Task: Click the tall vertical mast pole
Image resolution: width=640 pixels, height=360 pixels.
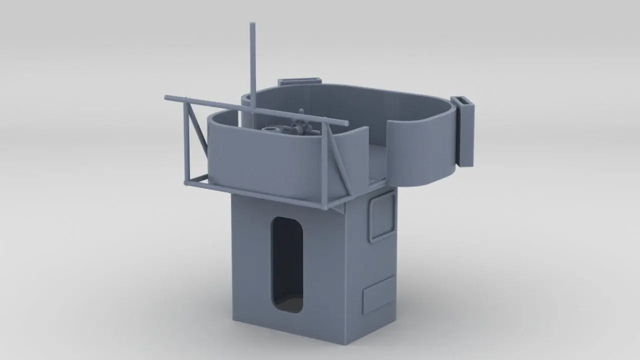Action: coord(252,65)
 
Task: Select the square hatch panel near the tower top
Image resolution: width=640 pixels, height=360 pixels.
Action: coord(381,215)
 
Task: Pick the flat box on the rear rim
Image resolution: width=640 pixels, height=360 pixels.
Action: coord(298,81)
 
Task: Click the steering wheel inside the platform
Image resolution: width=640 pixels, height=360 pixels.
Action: coord(301,127)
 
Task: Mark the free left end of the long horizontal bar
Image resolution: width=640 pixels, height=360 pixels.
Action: coord(167,96)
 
